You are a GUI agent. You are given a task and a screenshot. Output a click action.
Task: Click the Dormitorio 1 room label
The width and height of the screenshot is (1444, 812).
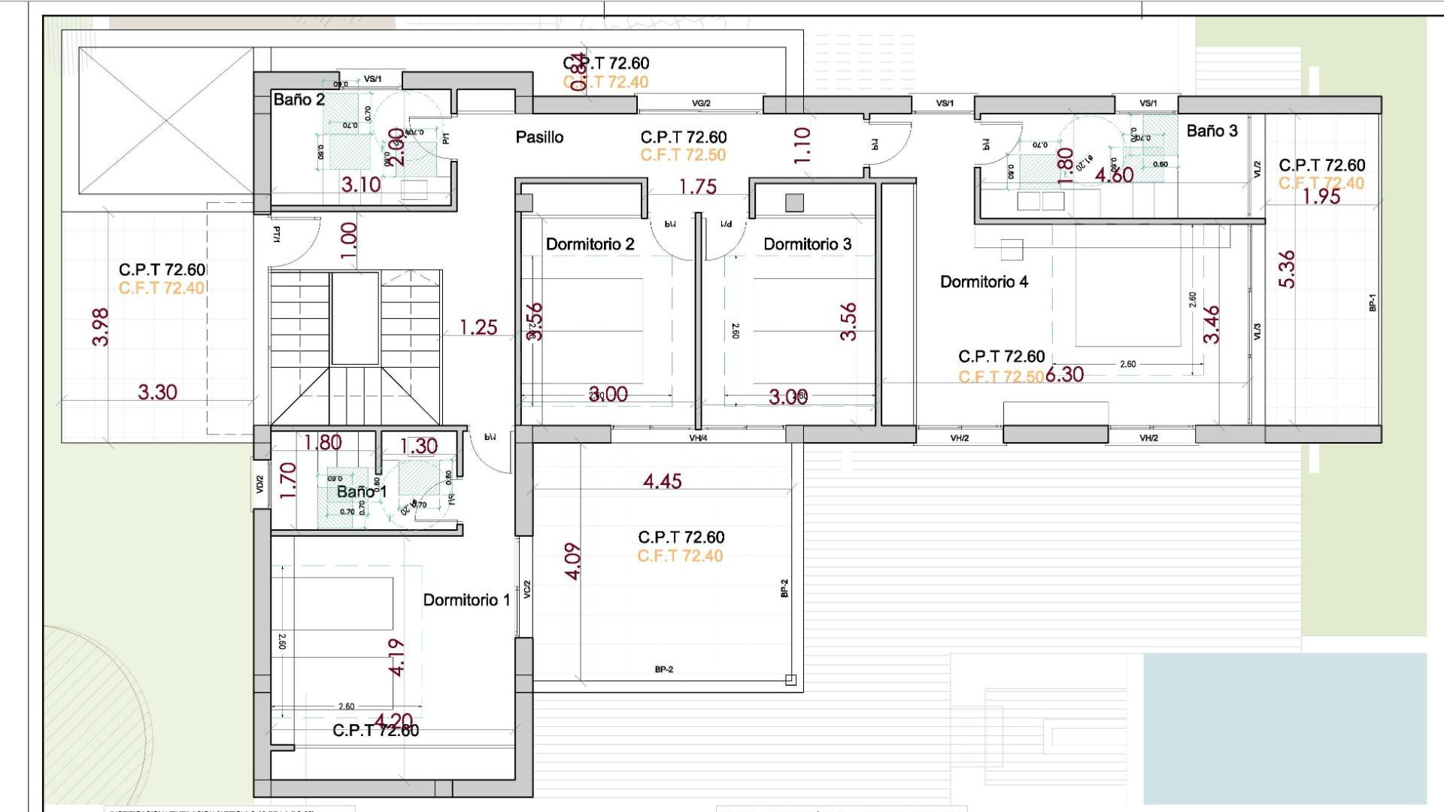[466, 600]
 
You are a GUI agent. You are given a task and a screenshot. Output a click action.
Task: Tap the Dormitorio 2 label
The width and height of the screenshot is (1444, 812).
[590, 244]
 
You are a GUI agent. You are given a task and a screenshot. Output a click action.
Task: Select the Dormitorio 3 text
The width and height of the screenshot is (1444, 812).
[807, 244]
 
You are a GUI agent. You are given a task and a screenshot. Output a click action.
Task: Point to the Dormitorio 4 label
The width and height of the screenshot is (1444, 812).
[984, 282]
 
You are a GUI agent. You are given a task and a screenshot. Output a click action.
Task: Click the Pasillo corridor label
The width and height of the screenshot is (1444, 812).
[539, 138]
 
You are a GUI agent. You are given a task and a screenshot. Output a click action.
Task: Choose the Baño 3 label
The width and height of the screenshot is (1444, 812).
[1212, 131]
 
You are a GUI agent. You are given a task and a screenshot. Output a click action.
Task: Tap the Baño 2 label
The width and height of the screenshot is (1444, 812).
[299, 100]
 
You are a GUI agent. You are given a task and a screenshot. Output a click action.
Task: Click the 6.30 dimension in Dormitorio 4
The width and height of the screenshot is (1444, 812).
[1064, 374]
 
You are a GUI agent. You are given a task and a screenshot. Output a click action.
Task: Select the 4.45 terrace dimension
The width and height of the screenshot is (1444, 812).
[662, 481]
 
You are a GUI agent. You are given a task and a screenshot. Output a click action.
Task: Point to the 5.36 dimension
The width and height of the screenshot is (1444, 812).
[1287, 269]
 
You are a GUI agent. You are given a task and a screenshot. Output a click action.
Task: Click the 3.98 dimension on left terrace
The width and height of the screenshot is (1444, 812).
[100, 327]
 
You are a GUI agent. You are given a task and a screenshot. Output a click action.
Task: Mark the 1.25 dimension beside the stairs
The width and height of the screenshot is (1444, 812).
[478, 327]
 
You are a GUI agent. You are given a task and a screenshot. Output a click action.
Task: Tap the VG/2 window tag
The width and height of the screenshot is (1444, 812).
[701, 104]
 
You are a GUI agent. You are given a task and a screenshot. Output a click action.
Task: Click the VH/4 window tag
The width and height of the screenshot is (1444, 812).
[698, 438]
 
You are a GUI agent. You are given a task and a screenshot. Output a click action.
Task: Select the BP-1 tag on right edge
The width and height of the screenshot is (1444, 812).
[1372, 302]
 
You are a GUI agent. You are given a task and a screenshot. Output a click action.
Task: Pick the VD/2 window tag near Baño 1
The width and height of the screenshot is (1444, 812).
[260, 484]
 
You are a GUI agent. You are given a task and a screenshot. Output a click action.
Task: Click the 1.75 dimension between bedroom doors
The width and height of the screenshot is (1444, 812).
[697, 186]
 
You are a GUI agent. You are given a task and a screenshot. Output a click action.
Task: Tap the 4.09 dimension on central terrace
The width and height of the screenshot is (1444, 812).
[572, 562]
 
